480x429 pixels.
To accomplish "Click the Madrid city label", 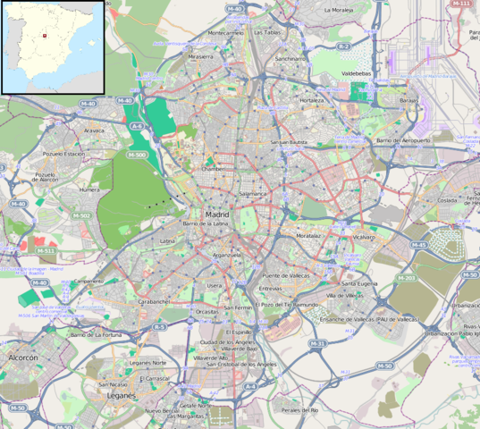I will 217,214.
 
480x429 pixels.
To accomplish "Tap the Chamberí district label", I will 214,168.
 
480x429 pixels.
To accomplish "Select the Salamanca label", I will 253,193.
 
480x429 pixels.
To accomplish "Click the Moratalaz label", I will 308,236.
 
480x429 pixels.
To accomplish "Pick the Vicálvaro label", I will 364,237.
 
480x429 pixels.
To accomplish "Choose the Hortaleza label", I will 312,101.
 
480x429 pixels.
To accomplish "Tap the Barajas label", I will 408,101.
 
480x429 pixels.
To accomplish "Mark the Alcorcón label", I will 23,357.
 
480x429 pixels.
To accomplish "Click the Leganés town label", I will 121,394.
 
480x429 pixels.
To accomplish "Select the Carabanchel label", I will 155,302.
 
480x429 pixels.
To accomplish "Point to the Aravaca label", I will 94,130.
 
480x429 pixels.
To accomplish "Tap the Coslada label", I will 421,201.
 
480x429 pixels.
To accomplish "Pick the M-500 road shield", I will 137,155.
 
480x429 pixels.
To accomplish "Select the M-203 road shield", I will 407,278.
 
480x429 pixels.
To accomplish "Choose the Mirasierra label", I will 200,55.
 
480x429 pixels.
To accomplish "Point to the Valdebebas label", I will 360,75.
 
